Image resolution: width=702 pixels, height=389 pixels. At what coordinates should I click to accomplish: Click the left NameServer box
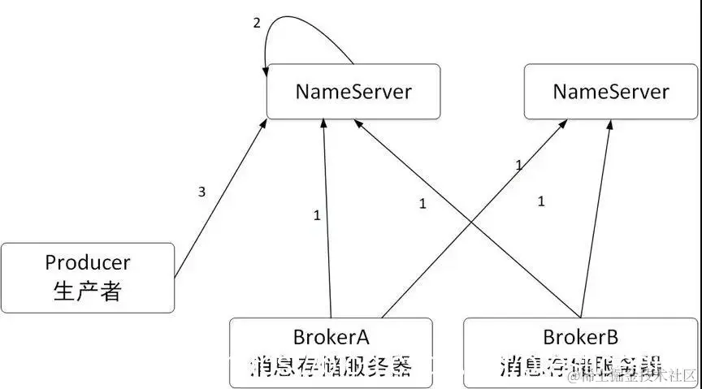pos(353,91)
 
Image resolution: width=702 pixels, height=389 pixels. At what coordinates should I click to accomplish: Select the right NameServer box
pos(611,91)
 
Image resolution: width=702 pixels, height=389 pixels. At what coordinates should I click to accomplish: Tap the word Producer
pos(87,263)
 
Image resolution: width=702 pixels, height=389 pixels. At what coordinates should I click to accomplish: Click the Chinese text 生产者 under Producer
pos(87,291)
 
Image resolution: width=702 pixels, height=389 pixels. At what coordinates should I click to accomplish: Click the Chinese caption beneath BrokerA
pos(331,366)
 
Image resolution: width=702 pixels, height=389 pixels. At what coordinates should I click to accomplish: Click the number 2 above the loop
pos(257,23)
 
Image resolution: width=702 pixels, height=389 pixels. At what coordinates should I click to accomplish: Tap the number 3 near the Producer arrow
pos(201,192)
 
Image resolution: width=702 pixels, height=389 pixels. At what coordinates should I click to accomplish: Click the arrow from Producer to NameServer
pos(219,200)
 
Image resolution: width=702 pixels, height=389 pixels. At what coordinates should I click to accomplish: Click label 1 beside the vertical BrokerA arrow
pos(317,215)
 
